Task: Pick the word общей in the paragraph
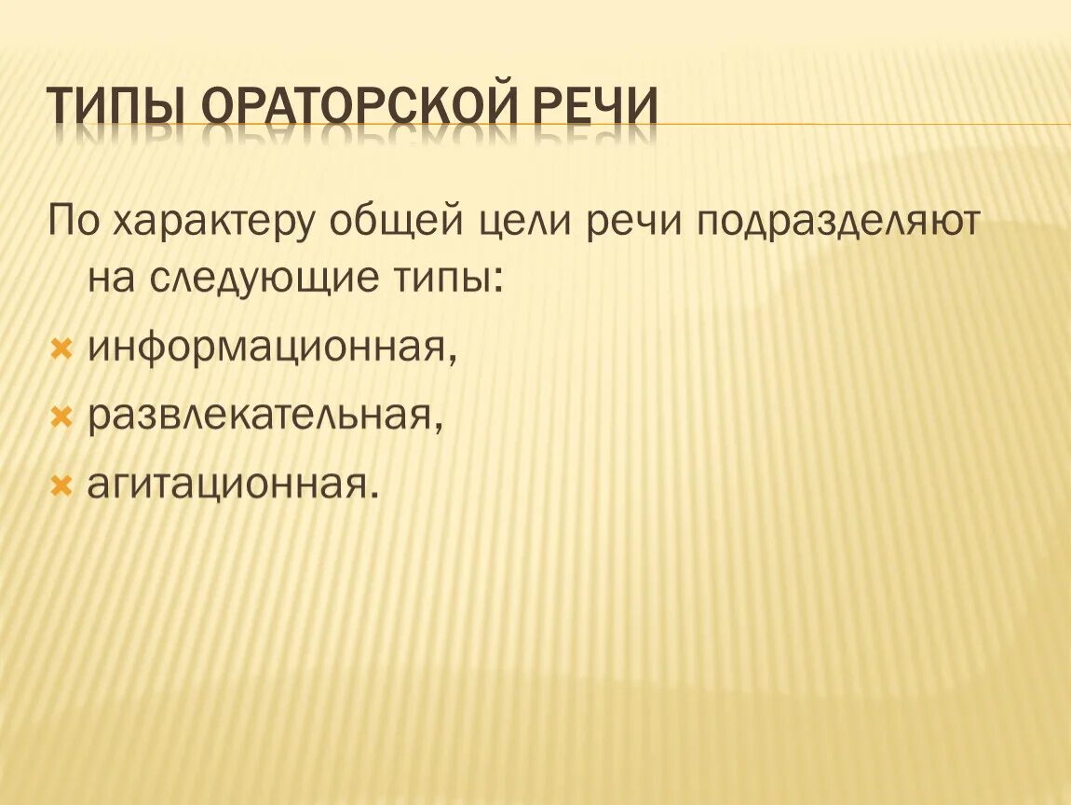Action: [397, 225]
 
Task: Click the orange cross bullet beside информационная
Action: [61, 349]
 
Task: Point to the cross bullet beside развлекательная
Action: [61, 417]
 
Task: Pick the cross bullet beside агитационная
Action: [61, 484]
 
